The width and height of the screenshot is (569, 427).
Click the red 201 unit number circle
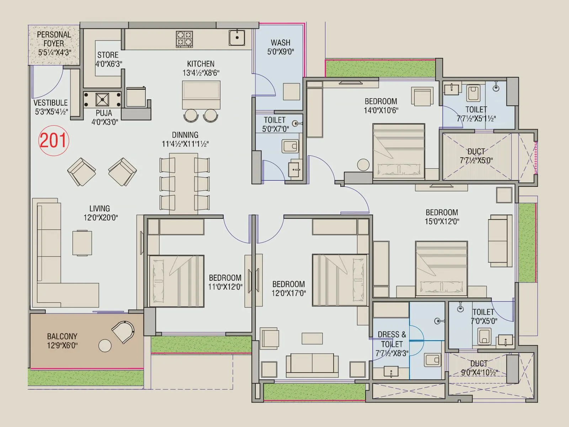(53, 140)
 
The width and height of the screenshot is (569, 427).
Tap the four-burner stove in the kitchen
(184, 39)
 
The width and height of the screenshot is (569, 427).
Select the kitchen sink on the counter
(236, 37)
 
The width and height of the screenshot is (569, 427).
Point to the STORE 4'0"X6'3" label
(108, 59)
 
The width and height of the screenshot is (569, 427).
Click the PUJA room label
(104, 117)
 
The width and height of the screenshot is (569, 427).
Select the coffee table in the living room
(82, 243)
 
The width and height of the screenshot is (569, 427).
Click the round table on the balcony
(105, 346)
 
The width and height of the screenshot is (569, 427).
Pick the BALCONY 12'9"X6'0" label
(62, 341)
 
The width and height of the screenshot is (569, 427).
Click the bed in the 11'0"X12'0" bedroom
(176, 281)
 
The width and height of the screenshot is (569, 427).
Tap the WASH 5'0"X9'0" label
(281, 47)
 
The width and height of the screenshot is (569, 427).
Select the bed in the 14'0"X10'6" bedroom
(399, 151)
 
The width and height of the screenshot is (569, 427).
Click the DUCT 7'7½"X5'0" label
(476, 156)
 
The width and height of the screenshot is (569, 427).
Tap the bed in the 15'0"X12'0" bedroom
(441, 269)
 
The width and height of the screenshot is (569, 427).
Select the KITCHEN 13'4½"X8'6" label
(201, 68)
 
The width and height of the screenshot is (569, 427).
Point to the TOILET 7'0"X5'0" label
(484, 316)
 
